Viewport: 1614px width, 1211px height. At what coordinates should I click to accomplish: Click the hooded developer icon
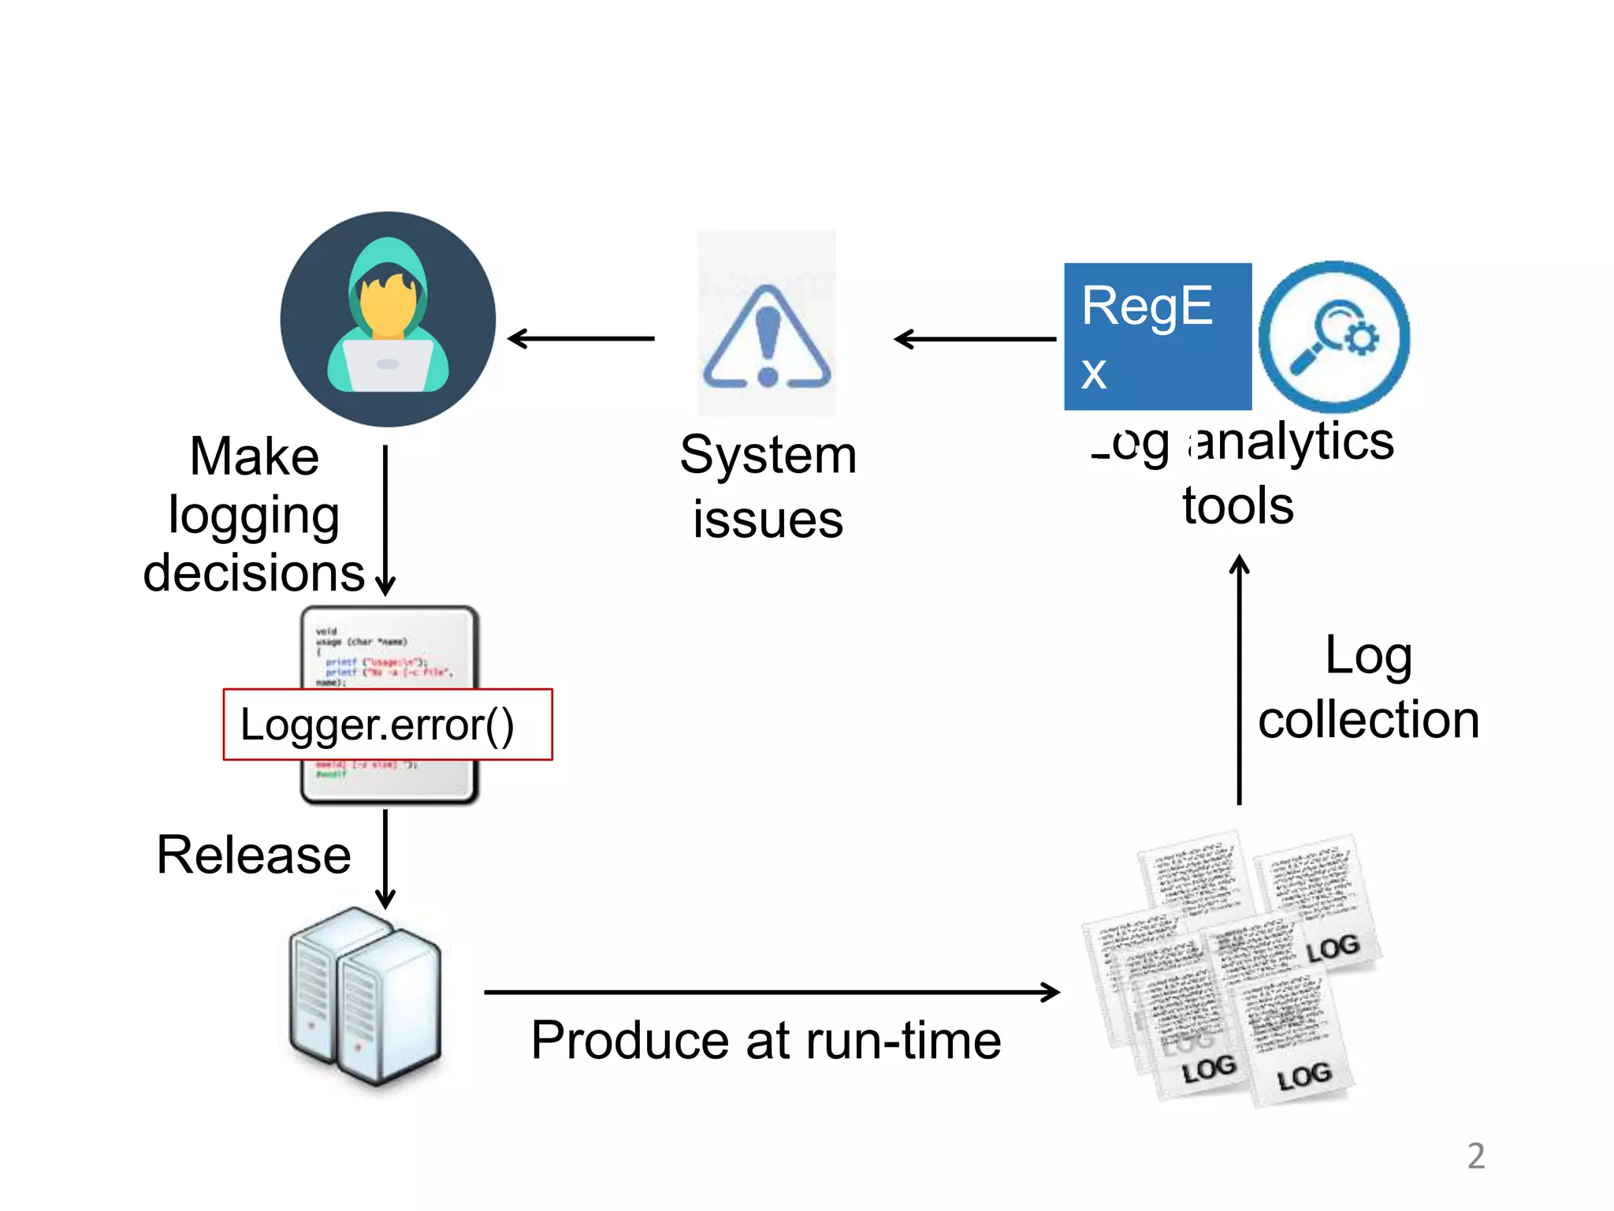click(388, 319)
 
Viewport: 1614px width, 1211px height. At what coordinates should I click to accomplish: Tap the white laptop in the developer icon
click(387, 365)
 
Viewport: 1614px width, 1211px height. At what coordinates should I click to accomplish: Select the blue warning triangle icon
click(767, 339)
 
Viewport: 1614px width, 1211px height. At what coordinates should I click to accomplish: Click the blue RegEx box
click(1157, 337)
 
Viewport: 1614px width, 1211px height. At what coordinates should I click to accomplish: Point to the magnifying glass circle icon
click(1333, 337)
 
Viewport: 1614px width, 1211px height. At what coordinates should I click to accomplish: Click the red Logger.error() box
click(388, 725)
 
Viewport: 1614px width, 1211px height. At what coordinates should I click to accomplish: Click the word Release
click(254, 855)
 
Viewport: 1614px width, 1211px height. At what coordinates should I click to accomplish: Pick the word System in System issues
click(768, 455)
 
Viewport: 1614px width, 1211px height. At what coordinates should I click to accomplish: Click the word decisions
click(254, 572)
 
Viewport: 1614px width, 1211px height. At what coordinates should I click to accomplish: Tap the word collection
click(1368, 720)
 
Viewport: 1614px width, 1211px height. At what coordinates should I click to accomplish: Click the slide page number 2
click(1475, 1156)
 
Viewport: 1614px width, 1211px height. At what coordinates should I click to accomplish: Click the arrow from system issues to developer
click(582, 339)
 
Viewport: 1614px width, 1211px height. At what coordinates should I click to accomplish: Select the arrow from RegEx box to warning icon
click(975, 339)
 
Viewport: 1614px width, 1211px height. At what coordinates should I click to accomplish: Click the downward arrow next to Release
click(385, 859)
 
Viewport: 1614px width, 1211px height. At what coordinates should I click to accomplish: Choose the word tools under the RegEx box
click(1237, 505)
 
